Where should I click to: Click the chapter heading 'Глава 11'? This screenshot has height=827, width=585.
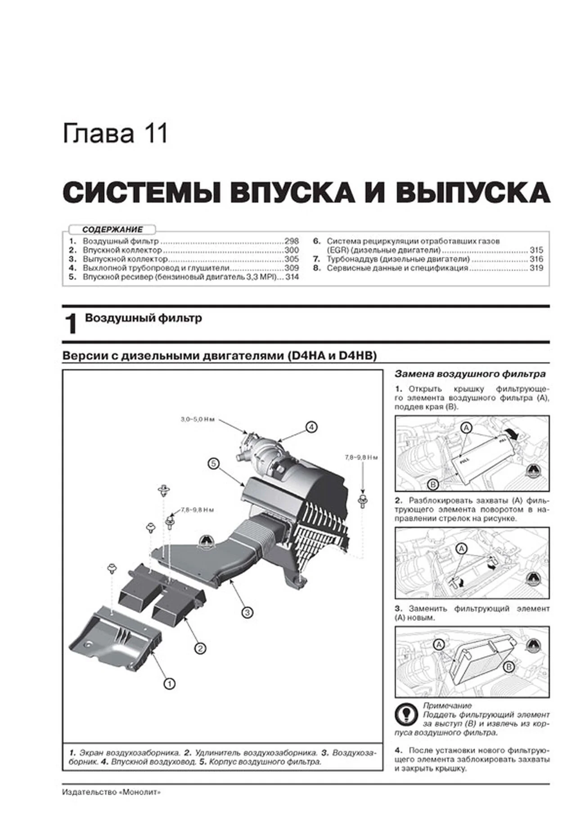click(115, 134)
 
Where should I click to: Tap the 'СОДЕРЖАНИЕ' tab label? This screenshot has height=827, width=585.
click(112, 230)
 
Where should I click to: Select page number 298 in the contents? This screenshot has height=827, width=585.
click(291, 241)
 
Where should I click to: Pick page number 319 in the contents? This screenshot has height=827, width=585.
click(536, 268)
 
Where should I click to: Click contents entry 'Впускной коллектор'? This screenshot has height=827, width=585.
click(121, 250)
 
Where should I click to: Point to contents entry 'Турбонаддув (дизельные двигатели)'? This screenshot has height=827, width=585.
click(398, 259)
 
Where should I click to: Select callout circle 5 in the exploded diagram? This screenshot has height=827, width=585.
click(213, 463)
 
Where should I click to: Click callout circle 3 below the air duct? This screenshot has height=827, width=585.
click(247, 612)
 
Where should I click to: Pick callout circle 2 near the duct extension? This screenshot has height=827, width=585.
click(200, 648)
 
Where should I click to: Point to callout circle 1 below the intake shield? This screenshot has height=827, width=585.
click(169, 684)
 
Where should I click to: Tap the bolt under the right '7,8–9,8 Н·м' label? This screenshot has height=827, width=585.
click(361, 500)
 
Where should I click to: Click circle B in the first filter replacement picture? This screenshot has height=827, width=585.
click(432, 484)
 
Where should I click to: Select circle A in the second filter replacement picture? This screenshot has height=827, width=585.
click(461, 549)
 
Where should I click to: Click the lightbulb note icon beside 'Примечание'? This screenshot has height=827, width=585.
click(405, 714)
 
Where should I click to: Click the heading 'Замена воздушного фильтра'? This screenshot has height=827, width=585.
click(470, 374)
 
